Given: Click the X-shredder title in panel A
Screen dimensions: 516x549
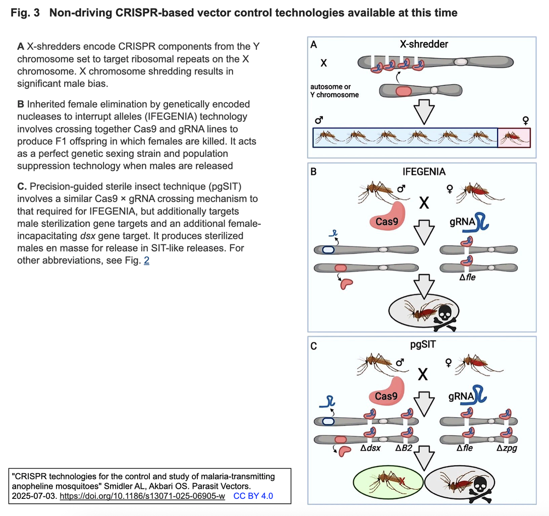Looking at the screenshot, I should [x=424, y=44].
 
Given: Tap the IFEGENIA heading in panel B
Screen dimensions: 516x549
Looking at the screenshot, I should [x=424, y=172].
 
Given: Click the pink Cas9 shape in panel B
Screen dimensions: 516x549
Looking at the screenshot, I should [x=387, y=216].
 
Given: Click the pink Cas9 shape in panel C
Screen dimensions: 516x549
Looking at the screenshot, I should [x=387, y=392].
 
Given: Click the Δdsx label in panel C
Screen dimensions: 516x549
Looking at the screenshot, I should [x=370, y=448].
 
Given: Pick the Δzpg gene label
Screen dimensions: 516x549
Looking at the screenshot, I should [x=507, y=448].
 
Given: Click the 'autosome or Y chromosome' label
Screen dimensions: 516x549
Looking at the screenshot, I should [x=335, y=91].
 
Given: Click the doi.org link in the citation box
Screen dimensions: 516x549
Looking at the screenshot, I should [x=142, y=496].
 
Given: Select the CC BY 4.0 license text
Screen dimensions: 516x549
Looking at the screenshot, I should [x=253, y=496].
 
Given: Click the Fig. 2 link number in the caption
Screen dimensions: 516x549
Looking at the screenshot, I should [x=146, y=261].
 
